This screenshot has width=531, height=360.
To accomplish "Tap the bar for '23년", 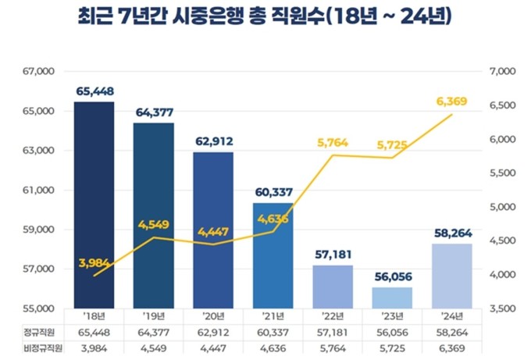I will coord(391,298).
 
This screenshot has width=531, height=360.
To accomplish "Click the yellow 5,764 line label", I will coord(333,142).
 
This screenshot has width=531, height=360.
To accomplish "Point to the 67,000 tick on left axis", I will coord(36,72).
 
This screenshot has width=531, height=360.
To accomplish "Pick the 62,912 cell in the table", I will coord(213,333).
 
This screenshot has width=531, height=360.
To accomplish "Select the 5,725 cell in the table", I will coord(391,348).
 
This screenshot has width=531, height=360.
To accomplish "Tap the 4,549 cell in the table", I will coord(154,348).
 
